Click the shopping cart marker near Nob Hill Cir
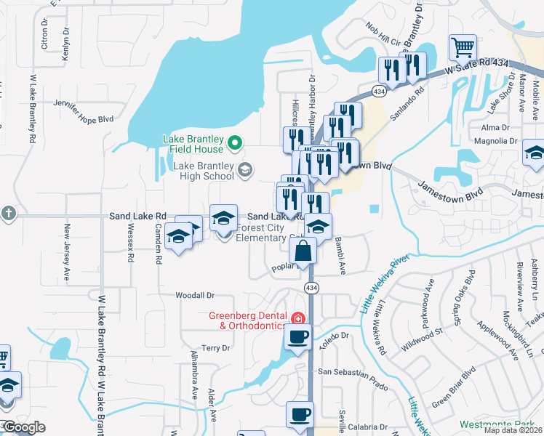pos(463,48)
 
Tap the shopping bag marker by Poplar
pos(303,252)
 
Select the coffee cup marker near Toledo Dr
pos(297,337)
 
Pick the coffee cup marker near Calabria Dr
pos(299,415)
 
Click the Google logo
pos(24,427)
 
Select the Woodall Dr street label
pos(195,296)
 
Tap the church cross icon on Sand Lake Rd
pos(7,214)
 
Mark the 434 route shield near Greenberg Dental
pos(311,288)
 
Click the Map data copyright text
pos(513,430)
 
